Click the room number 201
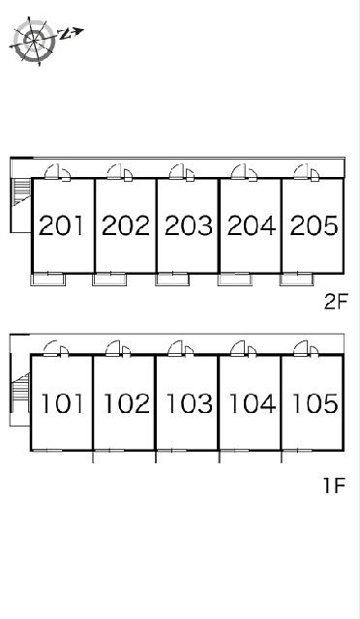tap(62, 225)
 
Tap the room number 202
tap(126, 225)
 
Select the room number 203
tap(189, 225)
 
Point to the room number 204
tap(252, 225)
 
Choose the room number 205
tap(315, 225)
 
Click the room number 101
tap(63, 403)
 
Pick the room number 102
tap(127, 403)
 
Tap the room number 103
tap(190, 403)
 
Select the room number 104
tap(253, 403)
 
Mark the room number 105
tap(315, 403)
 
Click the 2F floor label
tap(335, 303)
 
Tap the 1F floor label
tap(334, 486)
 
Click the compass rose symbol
tap(34, 41)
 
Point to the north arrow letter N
tap(64, 34)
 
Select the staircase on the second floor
tap(21, 192)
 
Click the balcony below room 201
tap(48, 280)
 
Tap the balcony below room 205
tap(296, 280)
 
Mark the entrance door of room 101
tap(56, 349)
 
